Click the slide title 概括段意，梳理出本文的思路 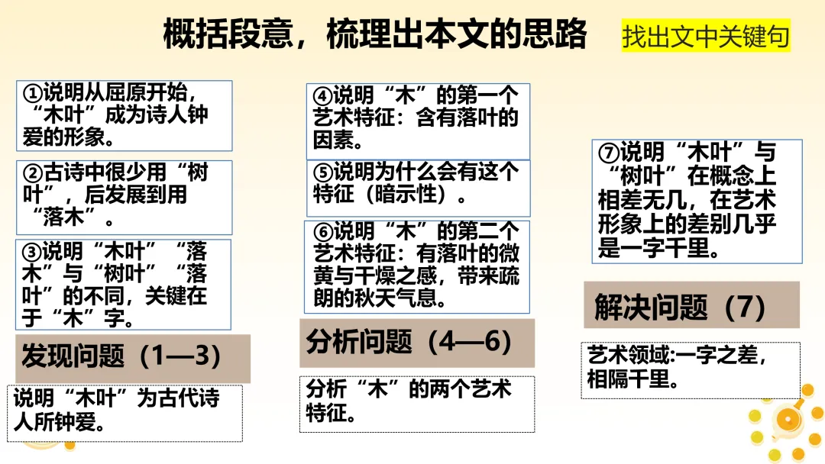click(x=375, y=34)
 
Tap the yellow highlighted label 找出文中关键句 click(x=705, y=37)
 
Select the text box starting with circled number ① click(x=124, y=116)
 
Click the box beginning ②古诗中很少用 click(x=124, y=196)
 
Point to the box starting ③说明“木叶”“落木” click(x=124, y=284)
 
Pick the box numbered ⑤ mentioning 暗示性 click(x=418, y=184)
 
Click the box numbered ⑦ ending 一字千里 click(x=696, y=200)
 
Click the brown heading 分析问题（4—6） click(x=417, y=343)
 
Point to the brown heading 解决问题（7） click(x=691, y=305)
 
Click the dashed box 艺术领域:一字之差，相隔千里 click(x=691, y=369)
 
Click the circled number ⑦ click(x=610, y=152)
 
